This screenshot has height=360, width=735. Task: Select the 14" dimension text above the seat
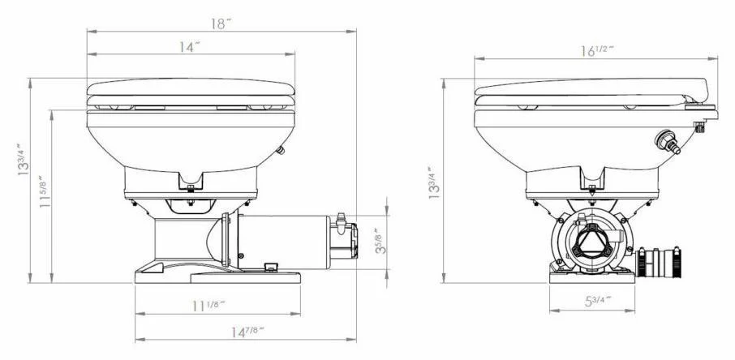[189, 47]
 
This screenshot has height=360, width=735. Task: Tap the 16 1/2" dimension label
[597, 50]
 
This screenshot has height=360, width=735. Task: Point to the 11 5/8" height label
[44, 191]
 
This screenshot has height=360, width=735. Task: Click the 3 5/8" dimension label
[381, 241]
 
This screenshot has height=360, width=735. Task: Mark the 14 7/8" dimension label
[247, 332]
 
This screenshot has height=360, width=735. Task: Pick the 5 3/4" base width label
[595, 301]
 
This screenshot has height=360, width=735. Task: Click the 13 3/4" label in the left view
[23, 160]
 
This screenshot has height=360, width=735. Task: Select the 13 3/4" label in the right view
[434, 182]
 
